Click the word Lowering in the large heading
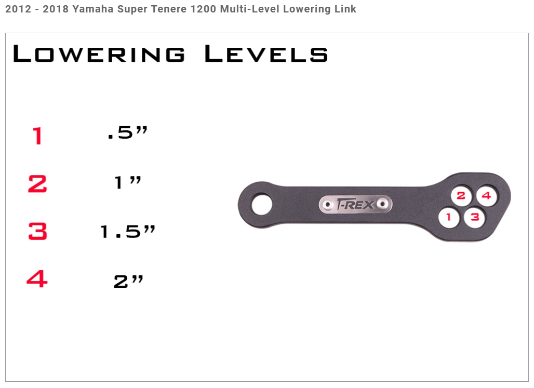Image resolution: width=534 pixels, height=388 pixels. [99, 53]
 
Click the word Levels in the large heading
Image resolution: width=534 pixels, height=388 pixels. [266, 53]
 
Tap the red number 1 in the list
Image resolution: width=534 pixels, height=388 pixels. [37, 136]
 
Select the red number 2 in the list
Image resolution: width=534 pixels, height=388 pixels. [37, 184]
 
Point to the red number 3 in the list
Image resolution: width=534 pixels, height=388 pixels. [37, 231]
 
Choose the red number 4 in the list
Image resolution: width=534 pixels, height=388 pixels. [37, 279]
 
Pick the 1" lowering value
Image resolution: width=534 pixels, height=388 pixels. [128, 182]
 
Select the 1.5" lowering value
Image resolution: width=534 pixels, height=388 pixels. [128, 231]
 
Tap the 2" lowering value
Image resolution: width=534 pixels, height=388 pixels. [128, 282]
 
